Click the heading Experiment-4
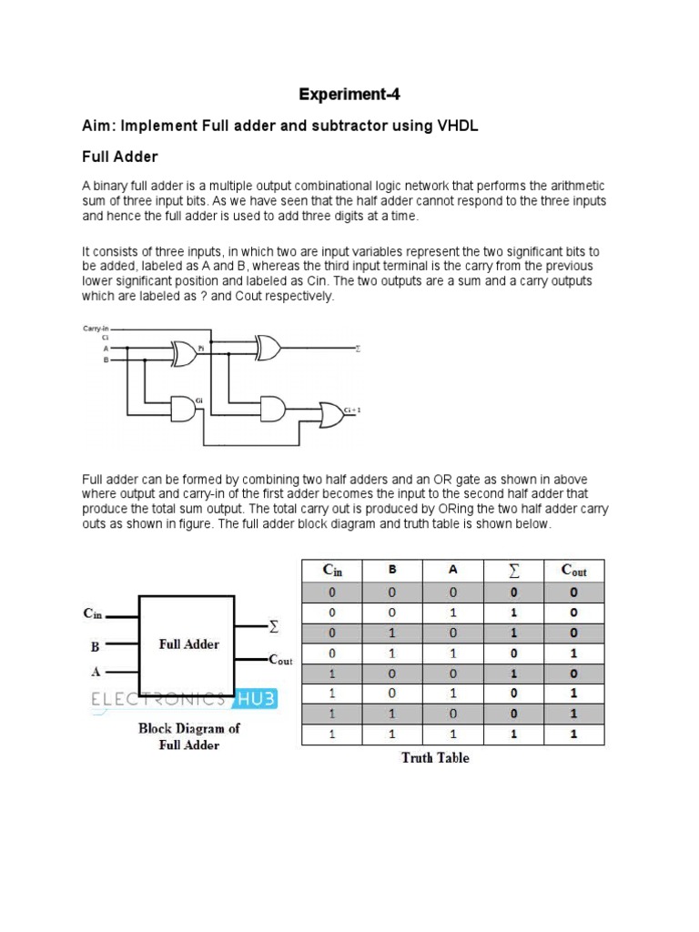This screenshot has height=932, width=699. point(349,95)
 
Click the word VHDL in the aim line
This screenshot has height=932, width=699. point(455,127)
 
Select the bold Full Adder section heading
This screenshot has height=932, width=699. point(120,157)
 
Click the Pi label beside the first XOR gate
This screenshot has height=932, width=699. point(201,347)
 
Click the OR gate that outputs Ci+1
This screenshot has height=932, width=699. point(329,412)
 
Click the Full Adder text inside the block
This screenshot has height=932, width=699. point(189,643)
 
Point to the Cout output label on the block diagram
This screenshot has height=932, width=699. point(279,659)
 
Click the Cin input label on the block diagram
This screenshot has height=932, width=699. point(93,613)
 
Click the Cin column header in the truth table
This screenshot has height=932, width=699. point(331,571)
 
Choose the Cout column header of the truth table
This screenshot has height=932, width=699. point(573,571)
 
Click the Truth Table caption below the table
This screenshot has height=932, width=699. point(435,757)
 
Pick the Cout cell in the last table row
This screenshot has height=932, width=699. point(573,734)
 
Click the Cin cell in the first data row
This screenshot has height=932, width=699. point(331,593)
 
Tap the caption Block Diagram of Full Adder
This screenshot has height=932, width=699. point(189,736)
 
